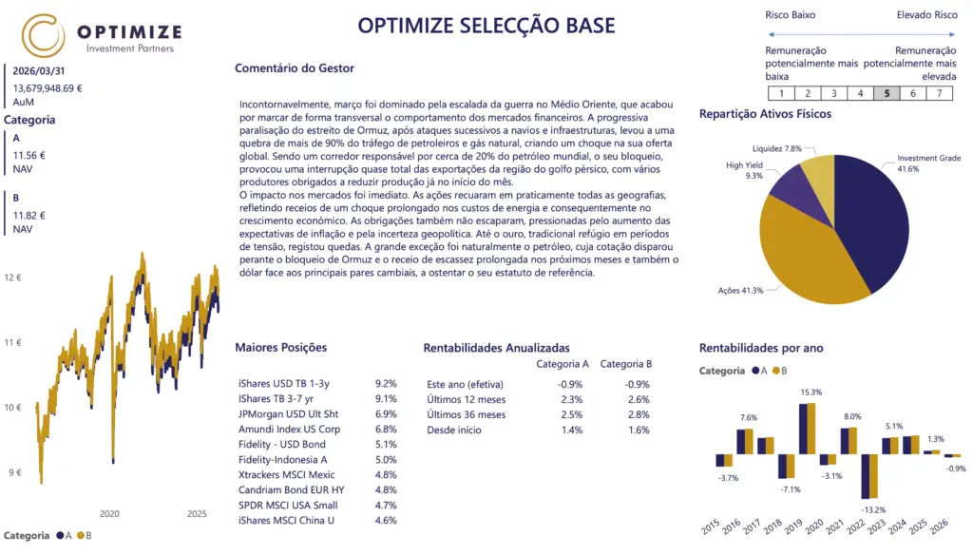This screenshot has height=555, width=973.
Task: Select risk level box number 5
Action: [886, 93]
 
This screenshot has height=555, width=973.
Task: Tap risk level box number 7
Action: [939, 93]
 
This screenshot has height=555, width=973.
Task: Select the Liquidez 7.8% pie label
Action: [776, 148]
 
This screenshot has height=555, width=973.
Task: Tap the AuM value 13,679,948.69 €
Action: [48, 87]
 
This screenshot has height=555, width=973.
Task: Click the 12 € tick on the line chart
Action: [12, 277]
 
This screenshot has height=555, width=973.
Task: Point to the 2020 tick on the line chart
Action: [108, 514]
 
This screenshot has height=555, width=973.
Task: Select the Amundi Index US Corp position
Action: [289, 429]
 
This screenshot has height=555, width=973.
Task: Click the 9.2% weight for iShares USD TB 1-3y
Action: [386, 383]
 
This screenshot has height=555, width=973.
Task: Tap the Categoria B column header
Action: [626, 363]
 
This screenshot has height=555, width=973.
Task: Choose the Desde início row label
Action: [454, 430]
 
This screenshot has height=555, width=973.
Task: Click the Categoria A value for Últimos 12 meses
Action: [571, 399]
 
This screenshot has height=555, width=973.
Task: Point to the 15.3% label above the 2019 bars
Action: [811, 392]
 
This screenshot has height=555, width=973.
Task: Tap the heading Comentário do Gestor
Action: [295, 67]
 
